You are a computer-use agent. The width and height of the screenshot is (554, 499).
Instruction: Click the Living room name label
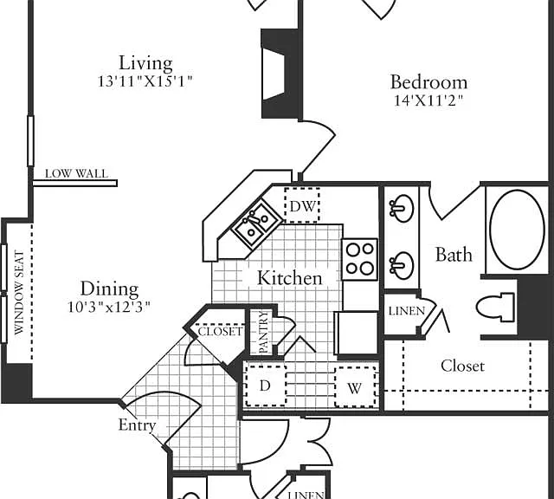pyautogui.click(x=145, y=64)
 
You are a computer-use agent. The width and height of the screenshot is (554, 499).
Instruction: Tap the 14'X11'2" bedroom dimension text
pyautogui.click(x=428, y=100)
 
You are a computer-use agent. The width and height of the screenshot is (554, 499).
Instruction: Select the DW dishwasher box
pyautogui.click(x=302, y=205)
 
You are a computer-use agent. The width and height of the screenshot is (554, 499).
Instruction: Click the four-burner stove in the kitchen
pyautogui.click(x=360, y=260)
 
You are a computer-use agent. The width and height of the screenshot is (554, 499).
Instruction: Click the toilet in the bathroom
pyautogui.click(x=495, y=307)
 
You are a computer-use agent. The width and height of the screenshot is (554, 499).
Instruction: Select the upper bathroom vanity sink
pyautogui.click(x=401, y=208)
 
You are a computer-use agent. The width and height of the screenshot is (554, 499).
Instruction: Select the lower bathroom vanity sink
pyautogui.click(x=401, y=265)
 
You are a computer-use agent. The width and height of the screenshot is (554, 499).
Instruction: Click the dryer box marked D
pyautogui.click(x=266, y=386)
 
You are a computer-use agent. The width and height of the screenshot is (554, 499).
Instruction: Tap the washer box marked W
pyautogui.click(x=355, y=387)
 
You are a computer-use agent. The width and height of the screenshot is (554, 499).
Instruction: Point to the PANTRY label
pyautogui.click(x=264, y=332)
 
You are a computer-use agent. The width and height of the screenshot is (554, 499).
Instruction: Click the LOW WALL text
pyautogui.click(x=76, y=173)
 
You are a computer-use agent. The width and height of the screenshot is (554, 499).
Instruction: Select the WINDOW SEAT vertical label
pyautogui.click(x=19, y=293)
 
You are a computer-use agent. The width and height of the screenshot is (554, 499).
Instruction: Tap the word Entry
pyautogui.click(x=137, y=425)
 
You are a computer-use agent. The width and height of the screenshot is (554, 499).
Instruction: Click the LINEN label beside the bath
pyautogui.click(x=407, y=311)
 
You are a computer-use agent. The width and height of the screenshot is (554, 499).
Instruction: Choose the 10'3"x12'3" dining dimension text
pyautogui.click(x=109, y=307)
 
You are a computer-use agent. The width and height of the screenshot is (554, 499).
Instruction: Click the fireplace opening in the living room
pyautogui.click(x=274, y=75)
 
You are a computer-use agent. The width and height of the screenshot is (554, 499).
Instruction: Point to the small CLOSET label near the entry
pyautogui.click(x=220, y=332)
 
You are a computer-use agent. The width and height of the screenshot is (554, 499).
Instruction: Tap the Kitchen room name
pyautogui.click(x=290, y=278)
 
